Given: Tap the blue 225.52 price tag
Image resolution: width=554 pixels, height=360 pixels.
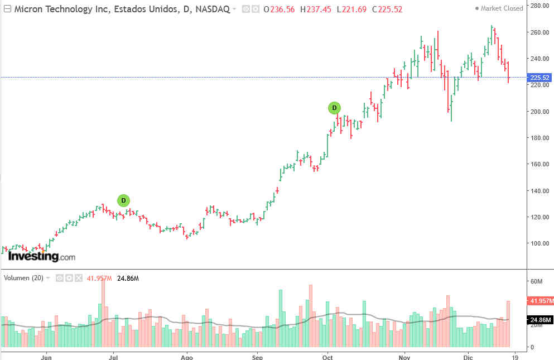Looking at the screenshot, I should point(539,78).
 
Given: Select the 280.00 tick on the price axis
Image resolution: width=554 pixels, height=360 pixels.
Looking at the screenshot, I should point(539,6).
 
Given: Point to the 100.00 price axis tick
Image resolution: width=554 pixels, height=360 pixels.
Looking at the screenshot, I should point(539,243).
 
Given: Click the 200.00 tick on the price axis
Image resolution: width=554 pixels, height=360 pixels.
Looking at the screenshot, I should point(539,112).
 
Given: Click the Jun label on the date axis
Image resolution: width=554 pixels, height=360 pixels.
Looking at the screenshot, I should point(47,355).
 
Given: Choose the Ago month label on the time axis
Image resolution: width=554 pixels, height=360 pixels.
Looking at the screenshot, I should point(187,355).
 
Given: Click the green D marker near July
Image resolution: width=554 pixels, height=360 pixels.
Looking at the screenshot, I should point(124,200).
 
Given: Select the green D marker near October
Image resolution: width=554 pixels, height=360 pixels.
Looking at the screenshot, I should point(334,108).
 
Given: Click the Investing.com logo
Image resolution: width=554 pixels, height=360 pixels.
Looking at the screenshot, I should point(41,257).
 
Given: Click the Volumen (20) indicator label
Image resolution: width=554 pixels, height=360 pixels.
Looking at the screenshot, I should point(24,277).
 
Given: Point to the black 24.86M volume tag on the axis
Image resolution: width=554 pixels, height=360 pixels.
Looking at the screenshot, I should point(539,320).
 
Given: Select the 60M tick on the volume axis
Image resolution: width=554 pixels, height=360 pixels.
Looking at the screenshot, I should point(536,281).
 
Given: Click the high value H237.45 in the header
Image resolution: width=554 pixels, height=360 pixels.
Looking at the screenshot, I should point(315,9).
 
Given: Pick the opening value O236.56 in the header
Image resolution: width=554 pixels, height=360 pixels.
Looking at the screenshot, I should point(280,9).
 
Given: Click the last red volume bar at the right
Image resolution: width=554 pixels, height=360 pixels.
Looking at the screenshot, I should point(508,324).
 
